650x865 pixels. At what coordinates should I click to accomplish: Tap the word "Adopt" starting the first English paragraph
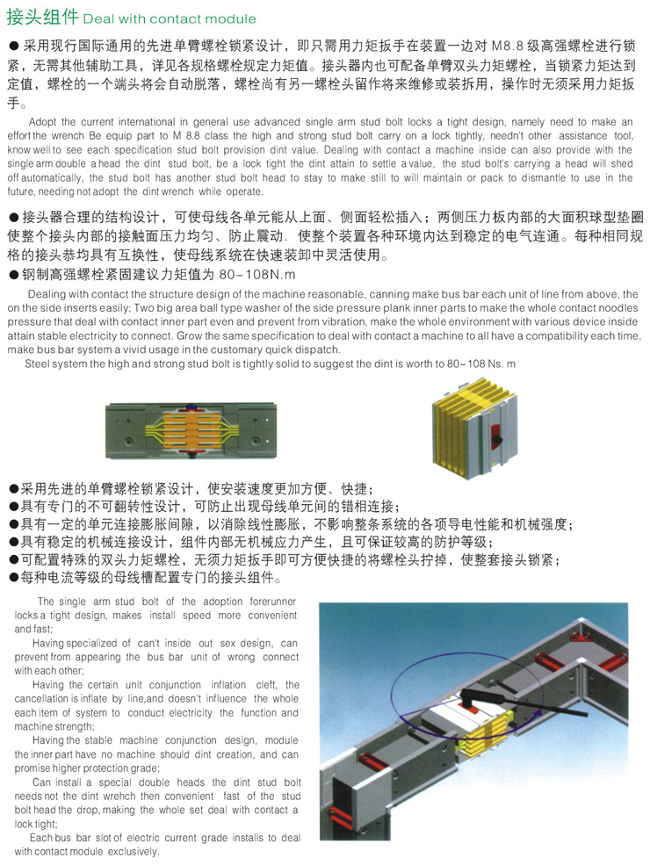pyautogui.click(x=47, y=121)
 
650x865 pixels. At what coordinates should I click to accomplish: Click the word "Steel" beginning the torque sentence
pyautogui.click(x=40, y=363)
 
